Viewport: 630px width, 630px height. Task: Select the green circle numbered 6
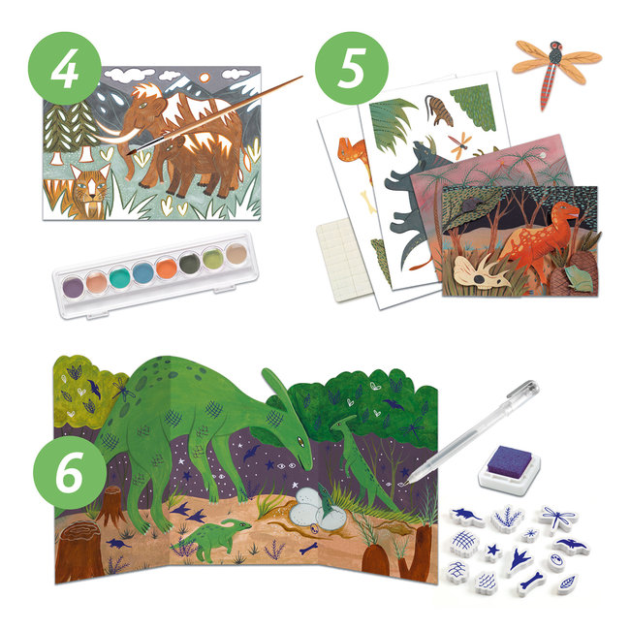coord(67,453)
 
